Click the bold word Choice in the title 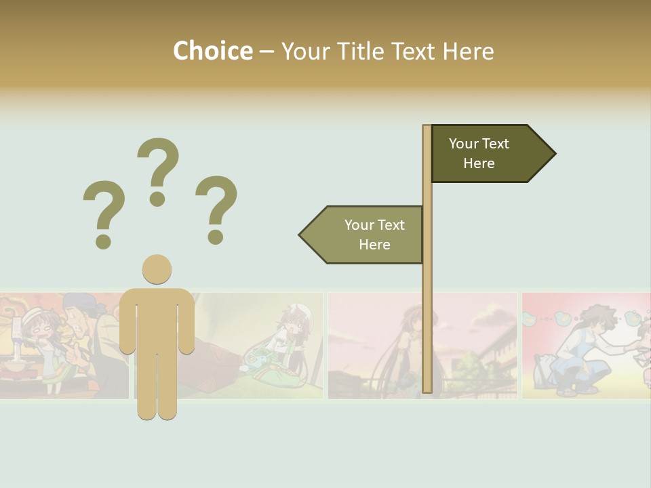pos(212,51)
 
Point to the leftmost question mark pos(104,212)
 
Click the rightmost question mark pos(216,208)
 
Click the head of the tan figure pos(157,269)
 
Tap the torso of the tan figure pos(157,319)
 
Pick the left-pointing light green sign pos(366,235)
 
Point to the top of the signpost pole pos(427,128)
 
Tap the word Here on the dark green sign pos(479,163)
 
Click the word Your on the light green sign pos(359,225)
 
